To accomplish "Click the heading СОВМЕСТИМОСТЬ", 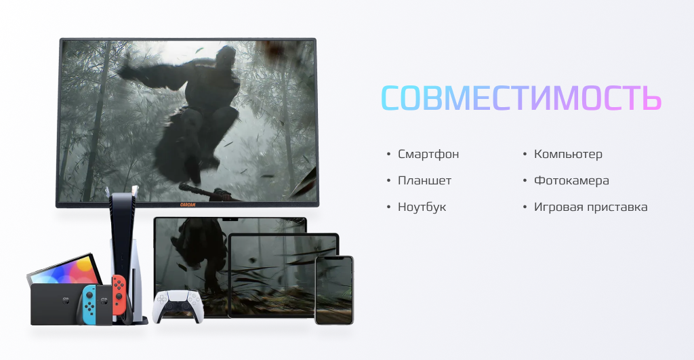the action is click(x=521, y=98).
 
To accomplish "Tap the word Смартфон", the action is click(x=428, y=154).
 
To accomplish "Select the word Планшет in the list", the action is click(x=424, y=180).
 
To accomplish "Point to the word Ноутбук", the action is click(x=422, y=207).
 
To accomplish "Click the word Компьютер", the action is click(x=568, y=154).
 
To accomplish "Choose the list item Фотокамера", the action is click(x=571, y=180).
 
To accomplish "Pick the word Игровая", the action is click(x=558, y=207).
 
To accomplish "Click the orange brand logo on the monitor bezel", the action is click(x=188, y=204).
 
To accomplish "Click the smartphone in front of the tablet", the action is click(x=334, y=290).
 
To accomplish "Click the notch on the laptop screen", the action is click(x=230, y=219).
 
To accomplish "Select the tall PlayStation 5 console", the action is click(x=125, y=257).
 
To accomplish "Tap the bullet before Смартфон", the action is click(x=388, y=154).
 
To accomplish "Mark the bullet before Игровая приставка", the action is click(x=525, y=207).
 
